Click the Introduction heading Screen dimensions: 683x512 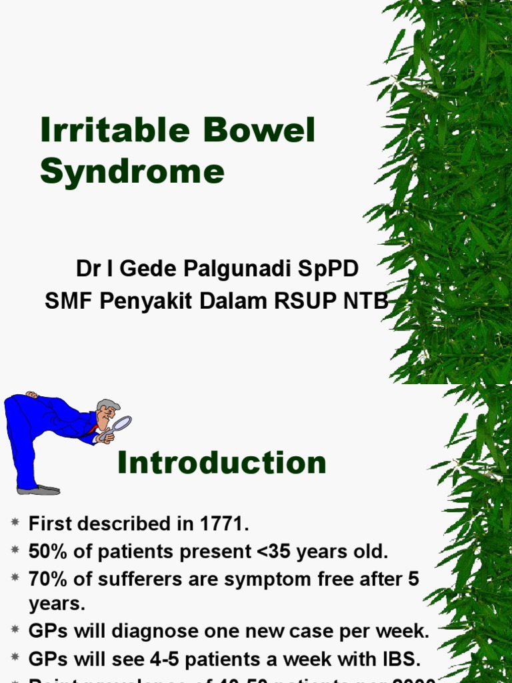click(221, 463)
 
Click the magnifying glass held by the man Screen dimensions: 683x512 click(122, 424)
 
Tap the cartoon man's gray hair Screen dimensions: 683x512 click(109, 405)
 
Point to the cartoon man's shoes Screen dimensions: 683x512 click(39, 490)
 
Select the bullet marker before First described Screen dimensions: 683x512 click(15, 524)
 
